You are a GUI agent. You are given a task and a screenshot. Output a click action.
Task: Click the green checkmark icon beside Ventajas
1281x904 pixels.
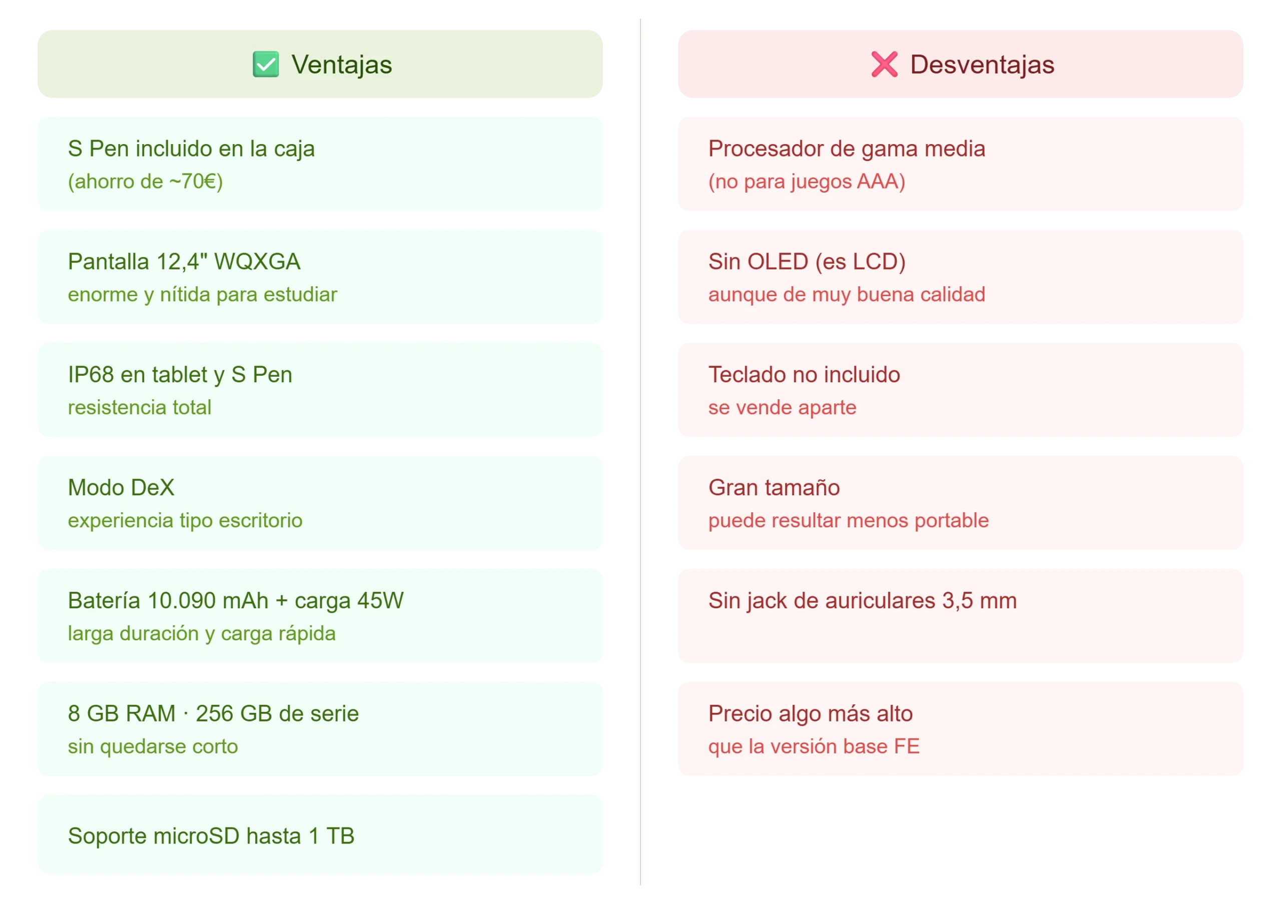pos(266,64)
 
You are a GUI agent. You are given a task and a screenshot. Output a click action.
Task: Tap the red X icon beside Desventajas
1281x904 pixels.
pos(884,64)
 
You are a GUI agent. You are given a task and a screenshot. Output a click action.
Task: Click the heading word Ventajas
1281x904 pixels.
pos(341,65)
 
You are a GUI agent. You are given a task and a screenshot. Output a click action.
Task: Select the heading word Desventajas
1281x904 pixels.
pos(982,65)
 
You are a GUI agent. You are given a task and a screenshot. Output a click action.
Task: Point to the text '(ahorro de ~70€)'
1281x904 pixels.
pos(146,182)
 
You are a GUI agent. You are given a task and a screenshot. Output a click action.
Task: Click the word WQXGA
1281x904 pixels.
pos(257,262)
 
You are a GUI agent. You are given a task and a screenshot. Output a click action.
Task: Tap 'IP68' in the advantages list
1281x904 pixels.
pos(91,375)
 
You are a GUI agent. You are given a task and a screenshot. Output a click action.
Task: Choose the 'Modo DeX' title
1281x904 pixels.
pos(121,487)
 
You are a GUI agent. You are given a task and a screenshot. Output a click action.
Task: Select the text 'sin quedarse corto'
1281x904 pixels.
pos(153,746)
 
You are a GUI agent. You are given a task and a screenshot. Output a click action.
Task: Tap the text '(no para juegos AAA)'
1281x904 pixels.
pos(807,182)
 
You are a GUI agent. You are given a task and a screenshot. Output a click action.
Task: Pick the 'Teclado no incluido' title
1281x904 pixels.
pos(805,375)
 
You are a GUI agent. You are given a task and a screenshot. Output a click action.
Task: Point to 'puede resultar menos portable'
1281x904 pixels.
pos(849,520)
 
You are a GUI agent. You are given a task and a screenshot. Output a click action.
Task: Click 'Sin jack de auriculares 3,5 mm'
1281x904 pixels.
pos(863,601)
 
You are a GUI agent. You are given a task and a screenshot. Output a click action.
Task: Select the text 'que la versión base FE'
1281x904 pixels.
pos(814,746)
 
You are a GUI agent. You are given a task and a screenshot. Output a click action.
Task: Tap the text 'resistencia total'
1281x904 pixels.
pos(140,407)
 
